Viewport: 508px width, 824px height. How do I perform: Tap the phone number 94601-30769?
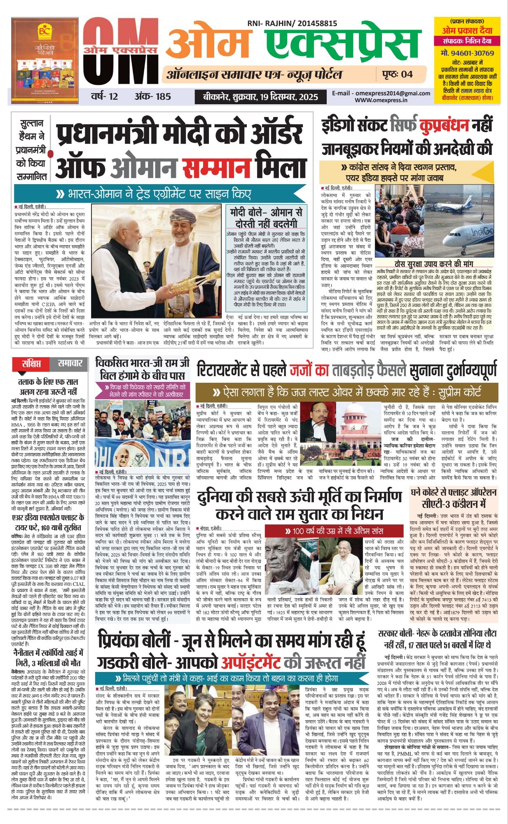click(467, 53)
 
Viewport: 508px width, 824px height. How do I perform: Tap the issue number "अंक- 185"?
click(152, 96)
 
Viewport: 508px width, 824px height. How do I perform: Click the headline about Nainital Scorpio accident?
click(48, 658)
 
